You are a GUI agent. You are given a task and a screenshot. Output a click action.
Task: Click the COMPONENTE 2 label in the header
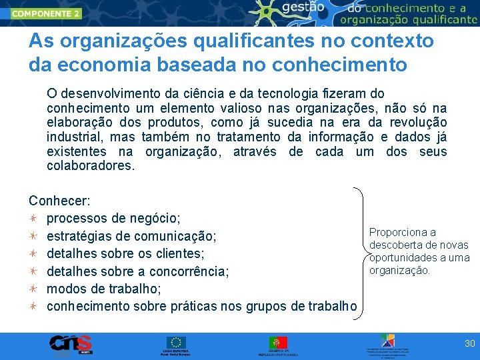pyautogui.click(x=46, y=13)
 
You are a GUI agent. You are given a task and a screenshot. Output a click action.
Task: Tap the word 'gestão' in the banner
pyautogui.click(x=304, y=9)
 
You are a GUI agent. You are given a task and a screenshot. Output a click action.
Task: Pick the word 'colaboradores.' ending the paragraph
pyautogui.click(x=91, y=166)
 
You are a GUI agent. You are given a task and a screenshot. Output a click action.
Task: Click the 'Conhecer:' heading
pyautogui.click(x=60, y=201)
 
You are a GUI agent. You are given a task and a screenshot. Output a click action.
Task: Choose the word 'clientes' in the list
pyautogui.click(x=181, y=253)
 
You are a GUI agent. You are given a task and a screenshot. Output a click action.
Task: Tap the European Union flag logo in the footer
pyautogui.click(x=177, y=342)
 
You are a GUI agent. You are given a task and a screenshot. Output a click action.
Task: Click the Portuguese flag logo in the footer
pyautogui.click(x=278, y=342)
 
